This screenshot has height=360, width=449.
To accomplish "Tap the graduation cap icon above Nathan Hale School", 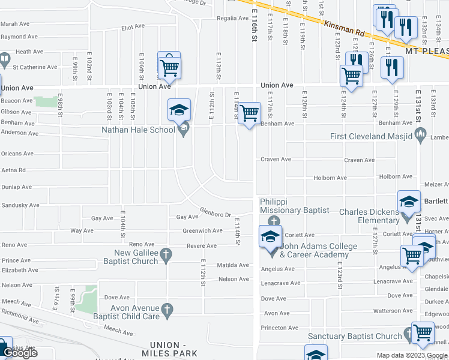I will tap(179, 110).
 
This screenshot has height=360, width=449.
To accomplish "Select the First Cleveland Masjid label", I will tap(371, 136).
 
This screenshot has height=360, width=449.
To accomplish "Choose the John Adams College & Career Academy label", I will tap(318, 250).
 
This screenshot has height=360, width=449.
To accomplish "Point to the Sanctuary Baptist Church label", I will tap(354, 337).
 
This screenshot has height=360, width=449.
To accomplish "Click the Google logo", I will tap(20, 353).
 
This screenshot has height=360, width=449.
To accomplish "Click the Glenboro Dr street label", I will tap(215, 213).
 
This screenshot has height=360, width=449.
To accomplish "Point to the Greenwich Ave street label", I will tap(203, 230).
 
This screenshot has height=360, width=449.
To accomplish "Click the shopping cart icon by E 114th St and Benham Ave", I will tap(249, 113).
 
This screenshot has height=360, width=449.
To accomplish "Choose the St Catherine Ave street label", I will tap(35, 67).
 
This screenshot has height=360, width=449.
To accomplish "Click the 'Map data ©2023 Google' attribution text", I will tap(411, 355).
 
